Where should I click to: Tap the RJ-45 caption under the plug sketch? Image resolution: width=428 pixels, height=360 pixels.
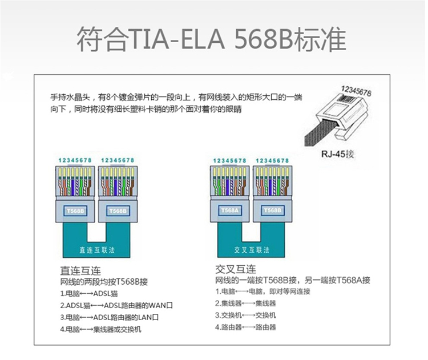pos(337,154)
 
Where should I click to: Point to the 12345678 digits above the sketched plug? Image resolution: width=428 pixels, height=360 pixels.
pos(356,91)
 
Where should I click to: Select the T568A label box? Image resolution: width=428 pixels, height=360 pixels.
pos(229,211)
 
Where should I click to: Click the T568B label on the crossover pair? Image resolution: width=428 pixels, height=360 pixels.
pos(272,211)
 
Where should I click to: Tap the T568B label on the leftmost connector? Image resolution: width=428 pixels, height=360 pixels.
pos(75,211)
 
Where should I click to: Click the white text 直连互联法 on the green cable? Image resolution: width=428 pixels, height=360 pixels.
pos(97,250)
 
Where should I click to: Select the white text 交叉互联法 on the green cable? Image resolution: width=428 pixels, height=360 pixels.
pos(252,250)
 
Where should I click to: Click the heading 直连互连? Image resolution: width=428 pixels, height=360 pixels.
pos(80,271)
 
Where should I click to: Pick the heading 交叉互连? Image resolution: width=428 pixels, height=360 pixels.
pos(236,269)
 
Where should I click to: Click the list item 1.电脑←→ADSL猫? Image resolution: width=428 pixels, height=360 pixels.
pos(89,294)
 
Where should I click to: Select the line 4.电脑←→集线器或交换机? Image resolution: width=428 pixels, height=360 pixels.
pos(100,329)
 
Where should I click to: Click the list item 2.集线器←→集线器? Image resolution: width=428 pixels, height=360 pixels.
pos(245,303)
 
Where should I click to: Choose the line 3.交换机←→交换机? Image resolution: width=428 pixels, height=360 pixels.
pos(245,315)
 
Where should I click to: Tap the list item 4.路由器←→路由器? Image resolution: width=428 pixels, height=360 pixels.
pos(245,327)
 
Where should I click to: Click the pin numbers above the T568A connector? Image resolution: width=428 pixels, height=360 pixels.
pos(229,161)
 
